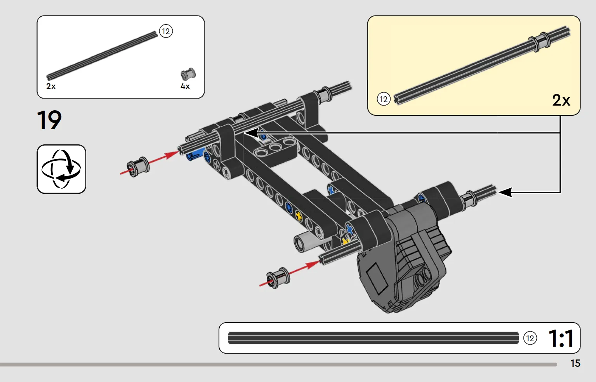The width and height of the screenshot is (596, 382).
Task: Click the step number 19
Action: [49, 120]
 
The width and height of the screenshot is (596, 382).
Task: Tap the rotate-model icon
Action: [61, 169]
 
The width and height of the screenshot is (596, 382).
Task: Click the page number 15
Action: [575, 363]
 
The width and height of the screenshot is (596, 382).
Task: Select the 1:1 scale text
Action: [561, 339]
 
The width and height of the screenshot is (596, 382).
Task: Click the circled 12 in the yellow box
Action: [383, 99]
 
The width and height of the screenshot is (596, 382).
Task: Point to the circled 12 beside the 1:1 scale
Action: [530, 339]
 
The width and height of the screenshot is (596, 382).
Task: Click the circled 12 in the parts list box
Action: [166, 31]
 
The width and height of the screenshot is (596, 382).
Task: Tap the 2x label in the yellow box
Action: [561, 100]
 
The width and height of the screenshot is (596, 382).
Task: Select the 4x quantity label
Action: [185, 86]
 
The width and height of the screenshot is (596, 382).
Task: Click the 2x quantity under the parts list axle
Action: [51, 86]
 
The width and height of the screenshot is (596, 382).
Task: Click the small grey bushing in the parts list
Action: [188, 74]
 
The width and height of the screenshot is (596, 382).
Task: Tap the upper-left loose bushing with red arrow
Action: [138, 167]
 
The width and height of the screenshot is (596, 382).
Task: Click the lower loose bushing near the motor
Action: [278, 278]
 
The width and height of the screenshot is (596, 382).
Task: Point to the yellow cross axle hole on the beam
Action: [299, 216]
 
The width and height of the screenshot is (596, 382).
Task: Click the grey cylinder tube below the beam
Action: [309, 241]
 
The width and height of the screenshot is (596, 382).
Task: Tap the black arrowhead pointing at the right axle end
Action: [505, 192]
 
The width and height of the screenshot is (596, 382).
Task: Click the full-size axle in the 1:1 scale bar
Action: [373, 338]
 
